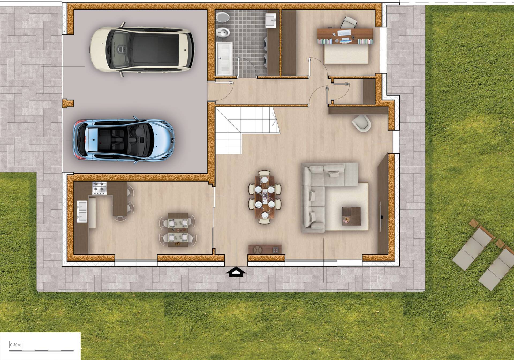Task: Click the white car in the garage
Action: click(x=142, y=50)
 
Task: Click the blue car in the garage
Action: click(x=124, y=140)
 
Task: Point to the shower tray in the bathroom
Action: click(x=224, y=59)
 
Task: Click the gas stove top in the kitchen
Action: click(x=99, y=188)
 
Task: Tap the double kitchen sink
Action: click(x=82, y=211)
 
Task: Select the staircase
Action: click(x=248, y=130)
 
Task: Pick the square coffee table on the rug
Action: click(x=351, y=216)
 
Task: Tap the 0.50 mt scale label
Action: click(x=16, y=345)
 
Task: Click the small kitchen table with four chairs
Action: click(x=178, y=230)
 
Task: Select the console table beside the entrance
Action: click(x=265, y=249)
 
